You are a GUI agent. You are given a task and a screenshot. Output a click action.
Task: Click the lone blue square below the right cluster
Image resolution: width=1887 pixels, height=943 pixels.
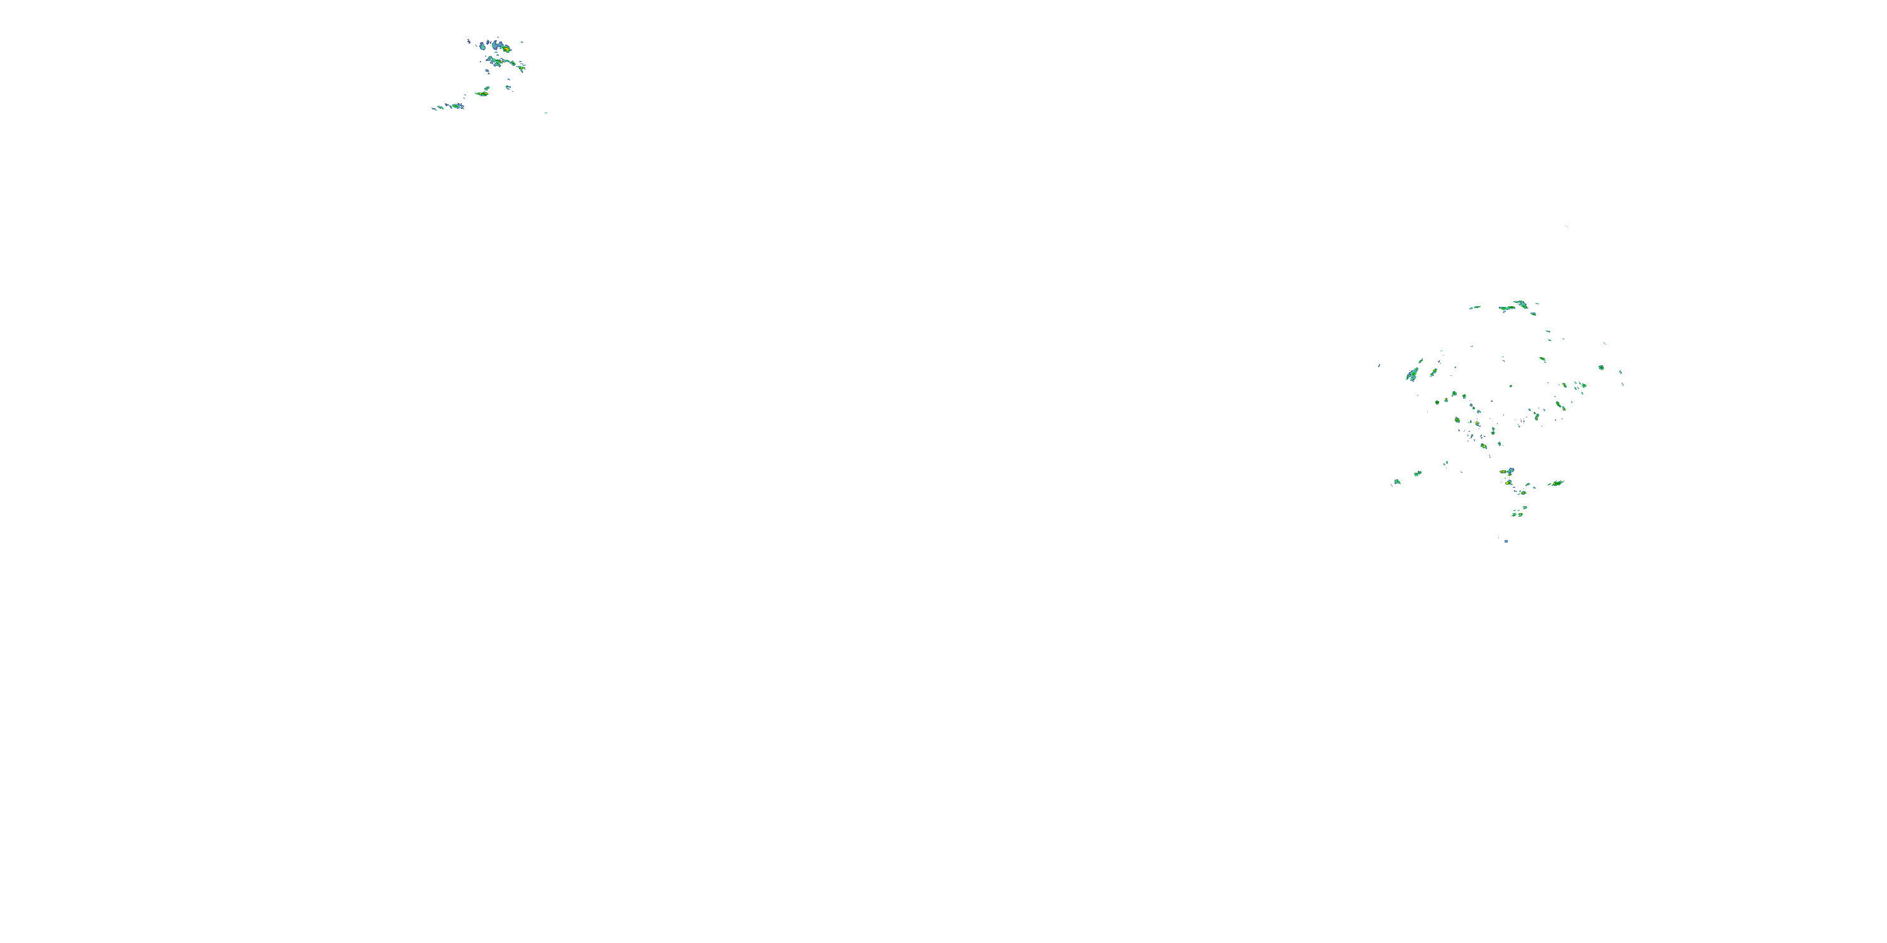point(1506,541)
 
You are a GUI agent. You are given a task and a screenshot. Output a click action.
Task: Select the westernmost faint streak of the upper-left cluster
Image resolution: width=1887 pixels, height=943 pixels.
point(433,108)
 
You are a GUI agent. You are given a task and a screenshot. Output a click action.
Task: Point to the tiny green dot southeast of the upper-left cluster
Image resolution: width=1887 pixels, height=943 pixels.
point(546,113)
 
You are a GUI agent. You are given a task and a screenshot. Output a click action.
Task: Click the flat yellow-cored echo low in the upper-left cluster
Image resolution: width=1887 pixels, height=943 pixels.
point(482,94)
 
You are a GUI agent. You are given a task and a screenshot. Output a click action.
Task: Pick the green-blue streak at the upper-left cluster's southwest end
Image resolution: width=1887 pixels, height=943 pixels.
point(457,106)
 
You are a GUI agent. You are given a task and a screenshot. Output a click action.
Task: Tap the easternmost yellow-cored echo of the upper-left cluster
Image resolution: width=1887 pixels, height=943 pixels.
point(521,67)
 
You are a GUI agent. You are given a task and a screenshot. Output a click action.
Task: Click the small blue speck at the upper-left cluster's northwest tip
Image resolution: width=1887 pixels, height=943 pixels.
point(468,41)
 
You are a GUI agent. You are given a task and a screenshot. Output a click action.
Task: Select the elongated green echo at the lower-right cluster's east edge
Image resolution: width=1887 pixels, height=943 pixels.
point(1557,483)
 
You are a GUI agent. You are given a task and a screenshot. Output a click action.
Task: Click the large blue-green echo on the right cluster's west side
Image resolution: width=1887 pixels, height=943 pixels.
point(1411,375)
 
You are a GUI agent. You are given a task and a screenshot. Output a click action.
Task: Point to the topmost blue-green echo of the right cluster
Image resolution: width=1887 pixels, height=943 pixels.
point(1522,303)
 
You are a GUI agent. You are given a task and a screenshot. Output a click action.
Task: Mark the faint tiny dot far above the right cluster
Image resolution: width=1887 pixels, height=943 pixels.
point(1567,226)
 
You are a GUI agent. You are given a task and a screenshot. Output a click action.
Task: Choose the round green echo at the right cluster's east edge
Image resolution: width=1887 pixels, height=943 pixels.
point(1601,367)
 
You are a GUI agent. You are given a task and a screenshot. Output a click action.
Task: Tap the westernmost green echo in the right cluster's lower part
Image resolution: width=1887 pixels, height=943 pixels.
point(1397,482)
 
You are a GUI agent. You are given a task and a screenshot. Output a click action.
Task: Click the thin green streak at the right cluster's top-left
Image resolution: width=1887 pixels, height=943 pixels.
point(1474,307)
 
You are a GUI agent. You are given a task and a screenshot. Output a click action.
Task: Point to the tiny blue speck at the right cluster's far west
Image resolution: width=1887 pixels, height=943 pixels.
point(1379,365)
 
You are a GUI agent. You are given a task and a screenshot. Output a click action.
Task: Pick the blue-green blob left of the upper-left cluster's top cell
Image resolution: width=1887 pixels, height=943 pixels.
point(484,46)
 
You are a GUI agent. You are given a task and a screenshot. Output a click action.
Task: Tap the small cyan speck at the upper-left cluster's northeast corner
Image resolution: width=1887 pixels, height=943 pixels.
point(521,43)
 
